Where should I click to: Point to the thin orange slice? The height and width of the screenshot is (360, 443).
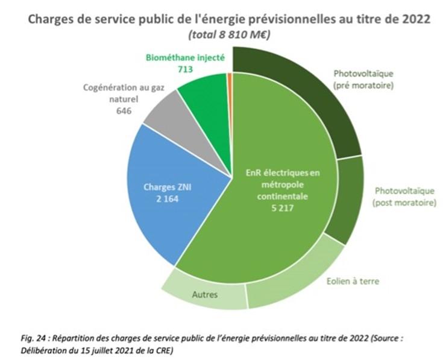click(x=230, y=77)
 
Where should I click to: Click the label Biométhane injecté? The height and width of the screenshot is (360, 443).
click(x=185, y=59)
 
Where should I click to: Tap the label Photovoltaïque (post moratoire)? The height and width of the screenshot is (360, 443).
click(x=404, y=197)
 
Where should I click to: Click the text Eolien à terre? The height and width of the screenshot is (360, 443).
click(x=352, y=282)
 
